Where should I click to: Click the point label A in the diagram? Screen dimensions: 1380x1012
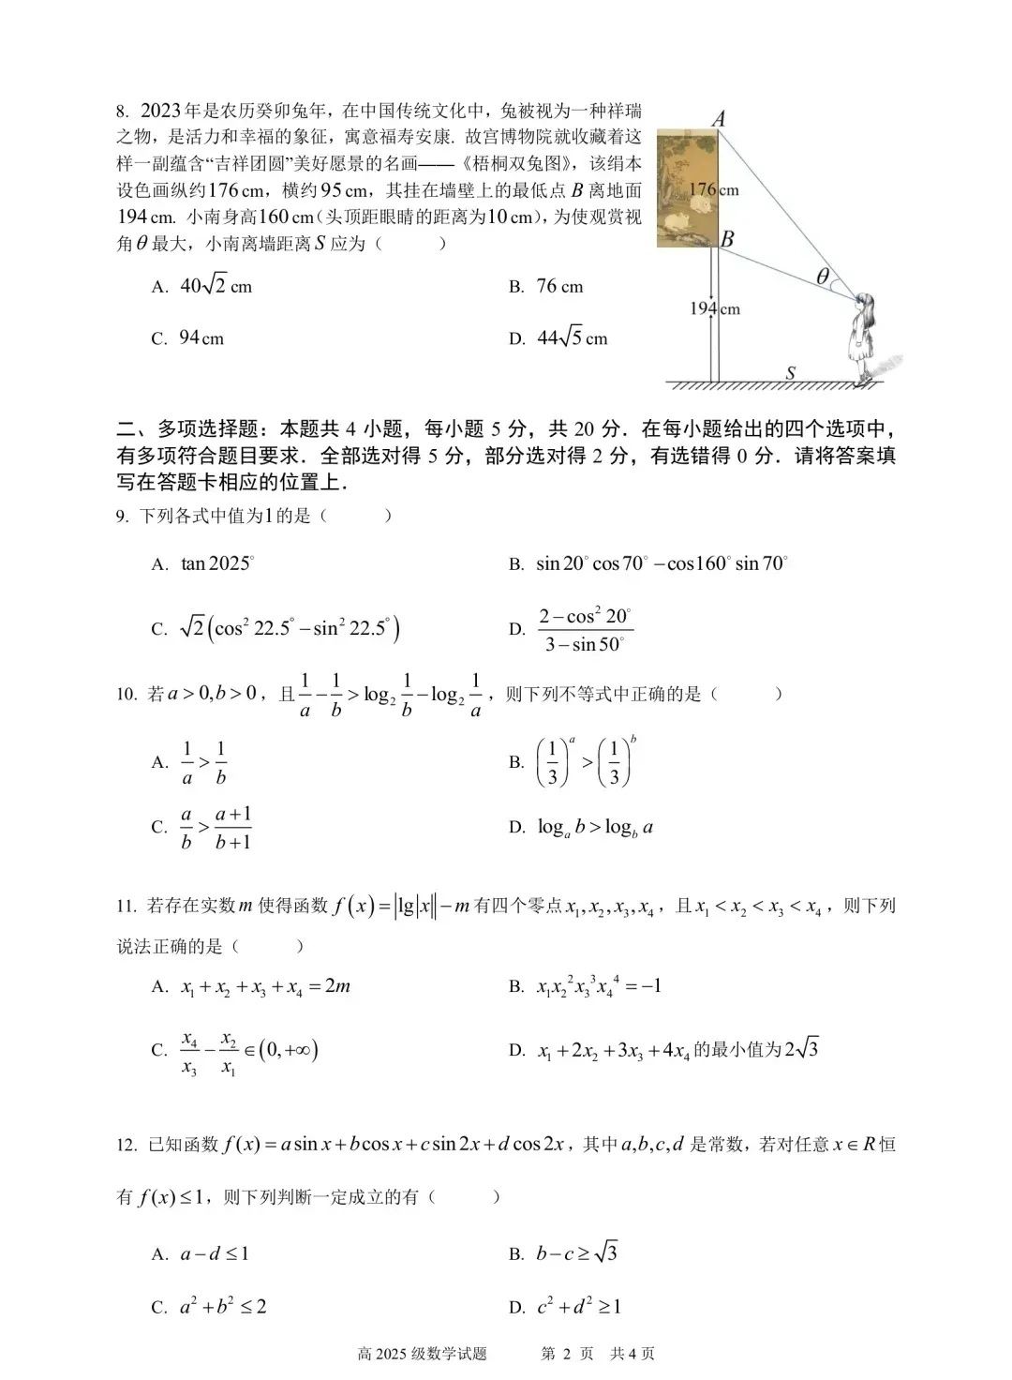tap(720, 118)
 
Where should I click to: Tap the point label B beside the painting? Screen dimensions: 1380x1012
tap(727, 238)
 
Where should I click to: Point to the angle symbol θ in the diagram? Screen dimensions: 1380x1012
tap(822, 276)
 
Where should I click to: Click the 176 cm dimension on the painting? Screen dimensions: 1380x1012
tap(714, 189)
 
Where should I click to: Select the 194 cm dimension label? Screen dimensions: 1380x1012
tap(715, 308)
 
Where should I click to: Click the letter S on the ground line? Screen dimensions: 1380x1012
tap(790, 373)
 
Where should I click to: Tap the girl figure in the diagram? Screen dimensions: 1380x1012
tap(863, 337)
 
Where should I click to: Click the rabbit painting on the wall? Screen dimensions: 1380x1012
tap(687, 187)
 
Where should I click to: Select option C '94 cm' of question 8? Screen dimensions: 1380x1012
tap(201, 338)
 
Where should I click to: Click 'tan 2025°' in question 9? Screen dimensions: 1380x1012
tap(217, 563)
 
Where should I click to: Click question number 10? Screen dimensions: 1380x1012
tap(127, 695)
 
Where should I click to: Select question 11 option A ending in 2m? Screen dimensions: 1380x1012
tap(265, 986)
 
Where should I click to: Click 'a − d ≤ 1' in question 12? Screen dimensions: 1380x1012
tap(215, 1253)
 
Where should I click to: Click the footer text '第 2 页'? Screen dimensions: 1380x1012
tap(568, 1353)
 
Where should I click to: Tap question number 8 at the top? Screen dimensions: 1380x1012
tap(122, 111)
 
